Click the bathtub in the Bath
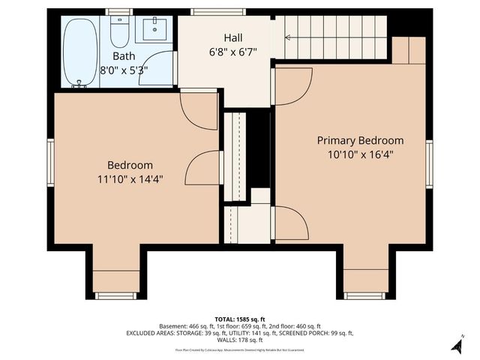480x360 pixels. tap(79, 52)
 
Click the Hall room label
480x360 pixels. tap(233, 37)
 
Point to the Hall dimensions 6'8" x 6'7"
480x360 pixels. tap(233, 52)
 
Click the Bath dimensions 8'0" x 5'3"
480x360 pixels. tap(124, 69)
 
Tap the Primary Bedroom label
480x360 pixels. tap(360, 140)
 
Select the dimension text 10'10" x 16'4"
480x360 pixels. tap(360, 154)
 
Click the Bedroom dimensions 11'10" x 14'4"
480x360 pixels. tap(130, 179)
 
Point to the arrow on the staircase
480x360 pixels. tap(289, 36)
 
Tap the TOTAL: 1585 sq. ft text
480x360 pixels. tap(239, 319)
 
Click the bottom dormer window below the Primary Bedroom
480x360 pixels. tap(365, 295)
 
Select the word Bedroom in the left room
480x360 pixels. tap(130, 165)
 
